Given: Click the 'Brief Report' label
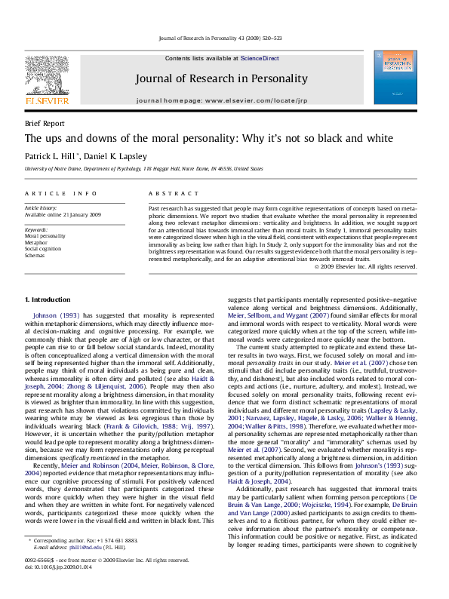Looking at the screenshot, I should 45,123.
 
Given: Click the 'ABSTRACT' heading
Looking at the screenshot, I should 170,194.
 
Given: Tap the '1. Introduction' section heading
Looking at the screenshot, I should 48,300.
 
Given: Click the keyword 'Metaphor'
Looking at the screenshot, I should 38,242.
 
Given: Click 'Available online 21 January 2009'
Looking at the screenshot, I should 63,213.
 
